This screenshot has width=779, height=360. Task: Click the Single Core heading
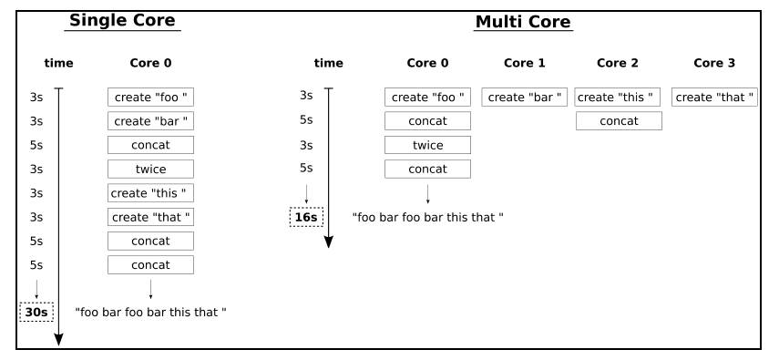click(122, 20)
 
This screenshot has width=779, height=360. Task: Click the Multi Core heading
click(523, 22)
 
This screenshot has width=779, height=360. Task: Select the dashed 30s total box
click(36, 313)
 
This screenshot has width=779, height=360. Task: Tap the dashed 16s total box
click(306, 217)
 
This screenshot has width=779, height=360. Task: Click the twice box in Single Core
click(150, 169)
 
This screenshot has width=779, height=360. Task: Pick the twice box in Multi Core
click(427, 145)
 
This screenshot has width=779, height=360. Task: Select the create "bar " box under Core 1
click(524, 98)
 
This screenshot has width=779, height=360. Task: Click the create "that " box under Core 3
click(714, 98)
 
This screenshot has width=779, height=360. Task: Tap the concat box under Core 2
click(619, 121)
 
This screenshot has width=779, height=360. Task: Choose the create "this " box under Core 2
click(618, 98)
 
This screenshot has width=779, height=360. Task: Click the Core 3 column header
click(714, 63)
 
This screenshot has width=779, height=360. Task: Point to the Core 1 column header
click(525, 63)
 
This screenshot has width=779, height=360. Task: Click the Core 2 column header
click(618, 63)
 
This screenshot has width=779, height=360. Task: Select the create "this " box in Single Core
click(150, 193)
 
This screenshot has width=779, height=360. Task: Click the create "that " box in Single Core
click(150, 217)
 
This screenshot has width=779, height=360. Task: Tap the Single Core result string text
click(150, 313)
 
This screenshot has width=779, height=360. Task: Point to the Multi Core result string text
click(427, 217)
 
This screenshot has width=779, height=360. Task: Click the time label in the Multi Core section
click(328, 63)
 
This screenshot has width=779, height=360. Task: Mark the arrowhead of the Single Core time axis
click(58, 340)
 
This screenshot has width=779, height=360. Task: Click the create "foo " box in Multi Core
click(427, 98)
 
